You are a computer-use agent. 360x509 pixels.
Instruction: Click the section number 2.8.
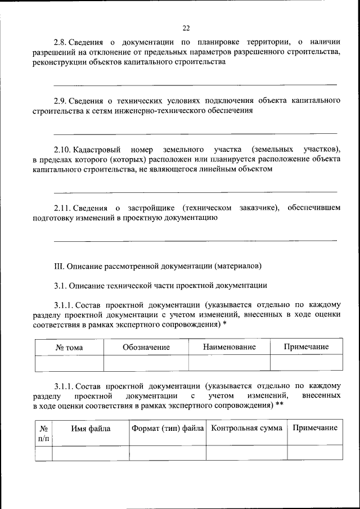click(x=61, y=42)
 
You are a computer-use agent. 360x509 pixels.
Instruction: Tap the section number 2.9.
click(x=61, y=101)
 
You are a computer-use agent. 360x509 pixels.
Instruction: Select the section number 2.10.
click(x=62, y=149)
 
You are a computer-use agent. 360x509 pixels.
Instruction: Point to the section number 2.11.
click(x=62, y=208)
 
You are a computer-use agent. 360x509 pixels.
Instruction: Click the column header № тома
click(x=69, y=347)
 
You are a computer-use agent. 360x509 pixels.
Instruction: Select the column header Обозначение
click(x=146, y=347)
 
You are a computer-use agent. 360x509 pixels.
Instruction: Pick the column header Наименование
click(x=229, y=347)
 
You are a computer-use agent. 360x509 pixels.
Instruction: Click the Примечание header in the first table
click(x=306, y=347)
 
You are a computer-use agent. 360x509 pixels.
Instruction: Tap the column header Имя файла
click(x=91, y=429)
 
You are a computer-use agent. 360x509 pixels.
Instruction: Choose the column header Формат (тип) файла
click(x=168, y=429)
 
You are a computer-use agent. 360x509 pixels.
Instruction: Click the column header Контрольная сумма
click(x=246, y=429)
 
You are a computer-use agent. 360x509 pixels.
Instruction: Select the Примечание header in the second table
click(x=314, y=429)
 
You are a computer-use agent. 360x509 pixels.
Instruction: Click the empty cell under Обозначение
click(x=146, y=364)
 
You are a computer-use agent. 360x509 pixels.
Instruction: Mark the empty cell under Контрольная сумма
click(x=246, y=453)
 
